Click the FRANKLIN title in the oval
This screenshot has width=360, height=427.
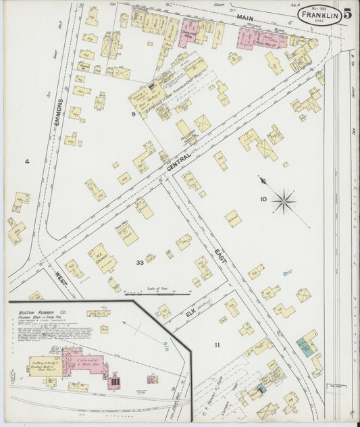click(319, 14)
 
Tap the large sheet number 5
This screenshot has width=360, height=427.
click(346, 14)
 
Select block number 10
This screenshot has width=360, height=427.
click(263, 199)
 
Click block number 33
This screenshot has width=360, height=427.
click(139, 262)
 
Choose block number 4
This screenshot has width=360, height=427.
click(27, 161)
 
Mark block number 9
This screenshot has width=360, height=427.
click(133, 114)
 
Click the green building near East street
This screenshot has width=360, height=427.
click(305, 347)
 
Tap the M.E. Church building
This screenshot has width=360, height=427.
click(103, 257)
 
